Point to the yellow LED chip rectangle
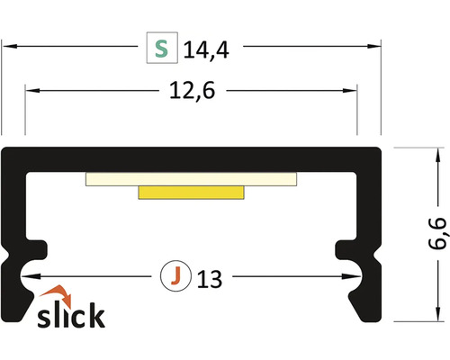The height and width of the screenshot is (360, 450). [192, 192]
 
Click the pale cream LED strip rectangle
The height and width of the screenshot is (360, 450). [191, 177]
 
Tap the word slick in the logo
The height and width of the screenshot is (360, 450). [70, 316]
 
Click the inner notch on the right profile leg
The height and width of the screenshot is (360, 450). [344, 247]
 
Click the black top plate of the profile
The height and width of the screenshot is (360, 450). [191, 156]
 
